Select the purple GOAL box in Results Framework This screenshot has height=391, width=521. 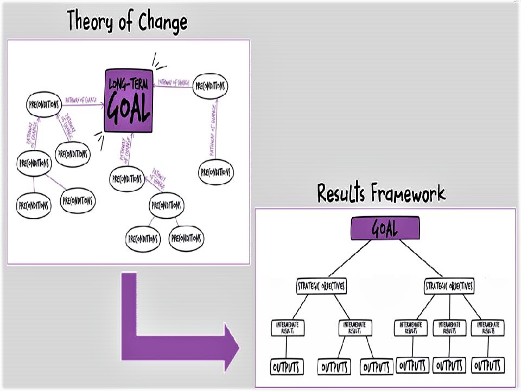point(385,228)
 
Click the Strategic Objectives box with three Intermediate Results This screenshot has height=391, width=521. point(449,286)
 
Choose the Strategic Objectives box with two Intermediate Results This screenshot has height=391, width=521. point(322,286)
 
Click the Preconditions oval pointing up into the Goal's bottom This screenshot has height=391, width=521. point(127,178)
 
